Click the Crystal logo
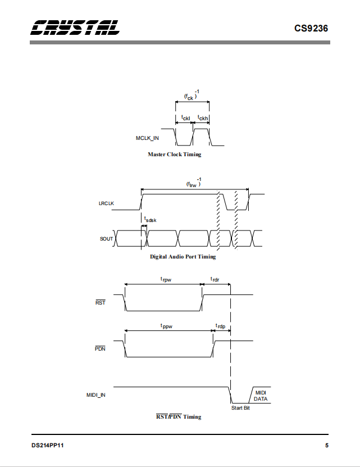[75, 28]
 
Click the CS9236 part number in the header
[311, 28]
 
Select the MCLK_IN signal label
[147, 138]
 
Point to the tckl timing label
[185, 118]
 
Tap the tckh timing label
[203, 118]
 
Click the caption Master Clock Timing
[175, 155]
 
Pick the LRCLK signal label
[106, 203]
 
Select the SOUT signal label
[106, 239]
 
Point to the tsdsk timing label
[151, 220]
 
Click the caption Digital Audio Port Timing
[183, 256]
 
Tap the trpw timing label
[166, 279]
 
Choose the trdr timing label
[215, 279]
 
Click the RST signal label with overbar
[101, 302]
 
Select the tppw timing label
[166, 326]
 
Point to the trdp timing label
[220, 326]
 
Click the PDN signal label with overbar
[100, 348]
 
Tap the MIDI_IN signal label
[96, 395]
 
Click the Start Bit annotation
[240, 408]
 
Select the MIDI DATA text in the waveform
[261, 396]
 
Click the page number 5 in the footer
[327, 446]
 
